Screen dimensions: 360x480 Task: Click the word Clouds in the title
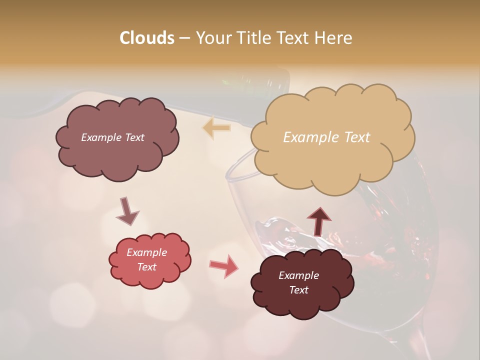point(147,38)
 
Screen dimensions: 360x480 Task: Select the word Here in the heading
point(334,38)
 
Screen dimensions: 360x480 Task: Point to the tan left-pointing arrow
point(217,128)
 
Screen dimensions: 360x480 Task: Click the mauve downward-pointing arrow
point(127,211)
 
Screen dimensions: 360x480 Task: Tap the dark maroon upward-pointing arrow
point(319,221)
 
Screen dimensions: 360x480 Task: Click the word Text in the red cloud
point(147,267)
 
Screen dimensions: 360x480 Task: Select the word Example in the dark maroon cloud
point(298,275)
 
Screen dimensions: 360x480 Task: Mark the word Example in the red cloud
point(147,252)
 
